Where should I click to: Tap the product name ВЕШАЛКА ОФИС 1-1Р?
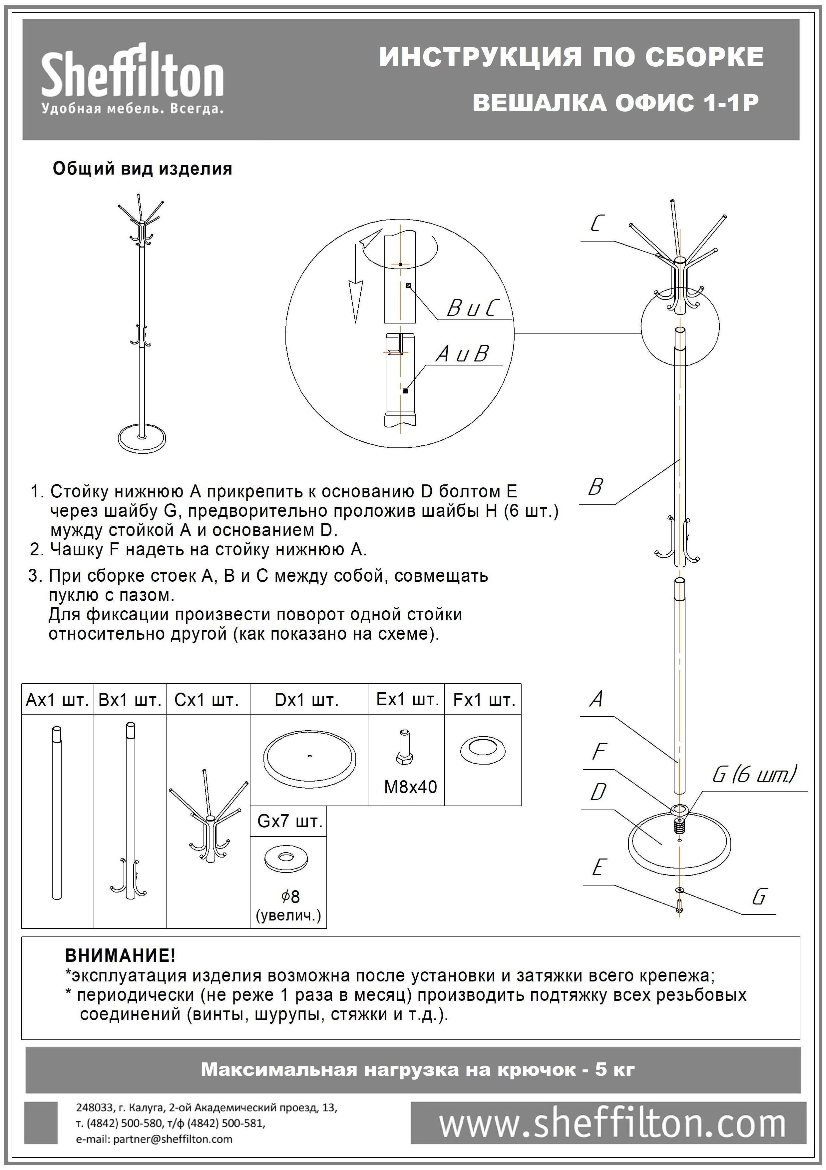tap(616, 103)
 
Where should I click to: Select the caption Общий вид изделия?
tap(143, 169)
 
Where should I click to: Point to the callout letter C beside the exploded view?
tap(597, 223)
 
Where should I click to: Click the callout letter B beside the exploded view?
tap(595, 487)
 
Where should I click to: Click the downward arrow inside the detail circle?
tap(355, 300)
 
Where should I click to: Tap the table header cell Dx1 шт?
tap(307, 700)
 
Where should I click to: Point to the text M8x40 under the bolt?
tap(410, 787)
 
